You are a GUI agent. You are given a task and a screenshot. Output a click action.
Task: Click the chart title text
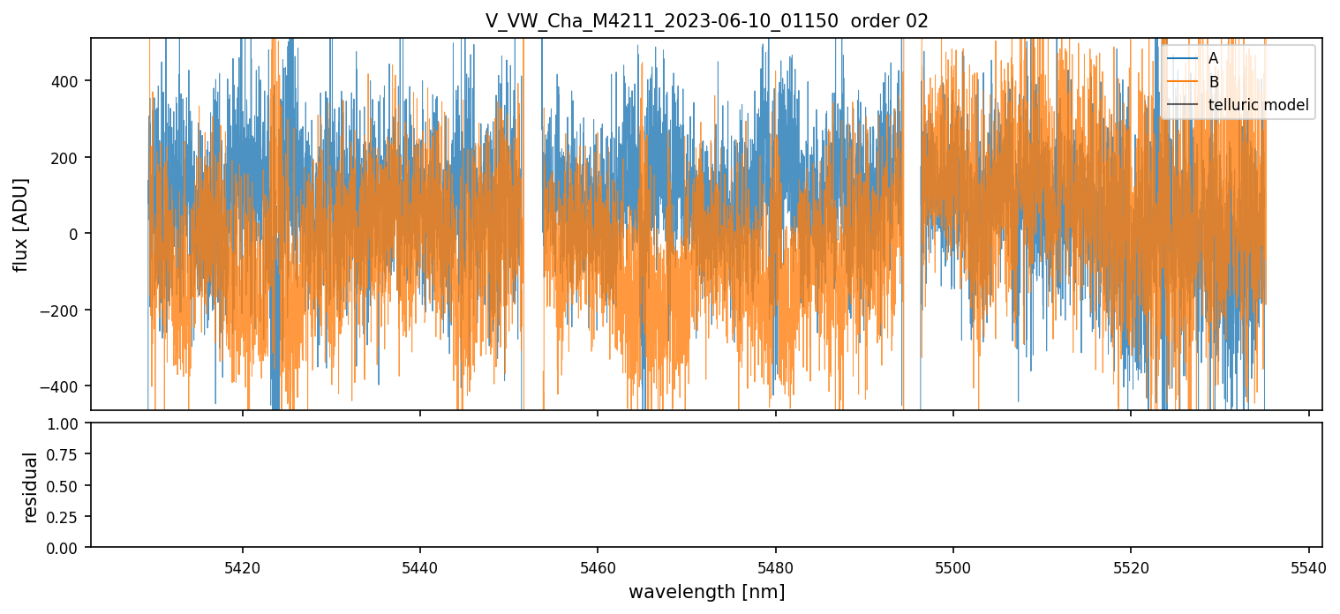pyautogui.click(x=706, y=21)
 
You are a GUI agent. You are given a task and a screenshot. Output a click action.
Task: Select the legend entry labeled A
pyautogui.click(x=1213, y=58)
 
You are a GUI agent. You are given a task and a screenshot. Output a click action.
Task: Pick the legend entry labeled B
pyautogui.click(x=1213, y=82)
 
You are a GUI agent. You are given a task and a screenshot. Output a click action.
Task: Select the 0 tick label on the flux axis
pyautogui.click(x=75, y=234)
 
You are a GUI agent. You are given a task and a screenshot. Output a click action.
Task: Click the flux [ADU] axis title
pyautogui.click(x=20, y=224)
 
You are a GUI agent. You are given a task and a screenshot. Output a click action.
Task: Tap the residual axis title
pyautogui.click(x=31, y=486)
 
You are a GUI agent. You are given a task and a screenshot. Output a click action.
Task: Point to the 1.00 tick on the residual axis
pyautogui.click(x=68, y=423)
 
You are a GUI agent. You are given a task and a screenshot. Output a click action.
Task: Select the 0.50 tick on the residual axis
pyautogui.click(x=68, y=486)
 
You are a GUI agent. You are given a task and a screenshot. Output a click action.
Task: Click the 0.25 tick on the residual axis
pyautogui.click(x=68, y=517)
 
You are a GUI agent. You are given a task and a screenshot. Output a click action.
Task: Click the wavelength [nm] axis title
pyautogui.click(x=706, y=591)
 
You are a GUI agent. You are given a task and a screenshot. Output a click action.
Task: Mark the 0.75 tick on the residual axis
pyautogui.click(x=68, y=455)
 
